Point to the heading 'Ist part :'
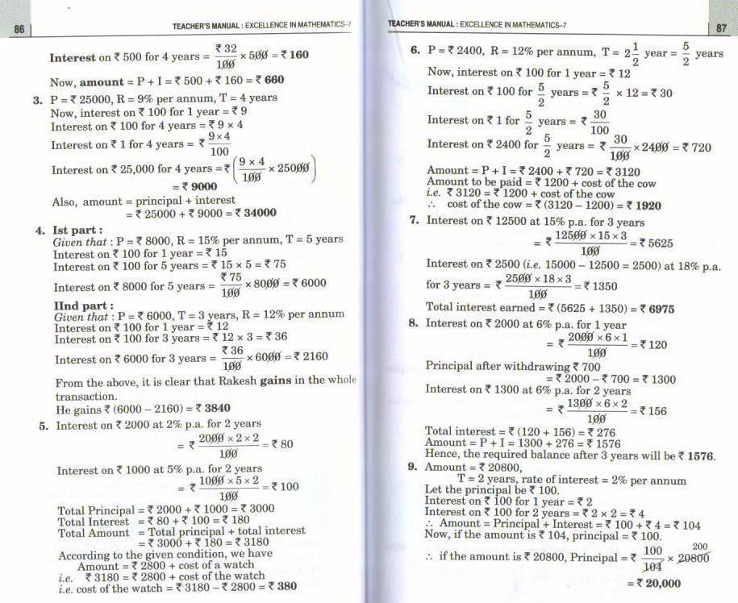pyautogui.click(x=77, y=230)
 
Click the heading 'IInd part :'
pyautogui.click(x=82, y=306)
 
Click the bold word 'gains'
pyautogui.click(x=276, y=381)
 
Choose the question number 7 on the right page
pyautogui.click(x=414, y=221)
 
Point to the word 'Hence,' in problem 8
pyautogui.click(x=443, y=455)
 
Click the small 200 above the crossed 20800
pyautogui.click(x=699, y=547)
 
